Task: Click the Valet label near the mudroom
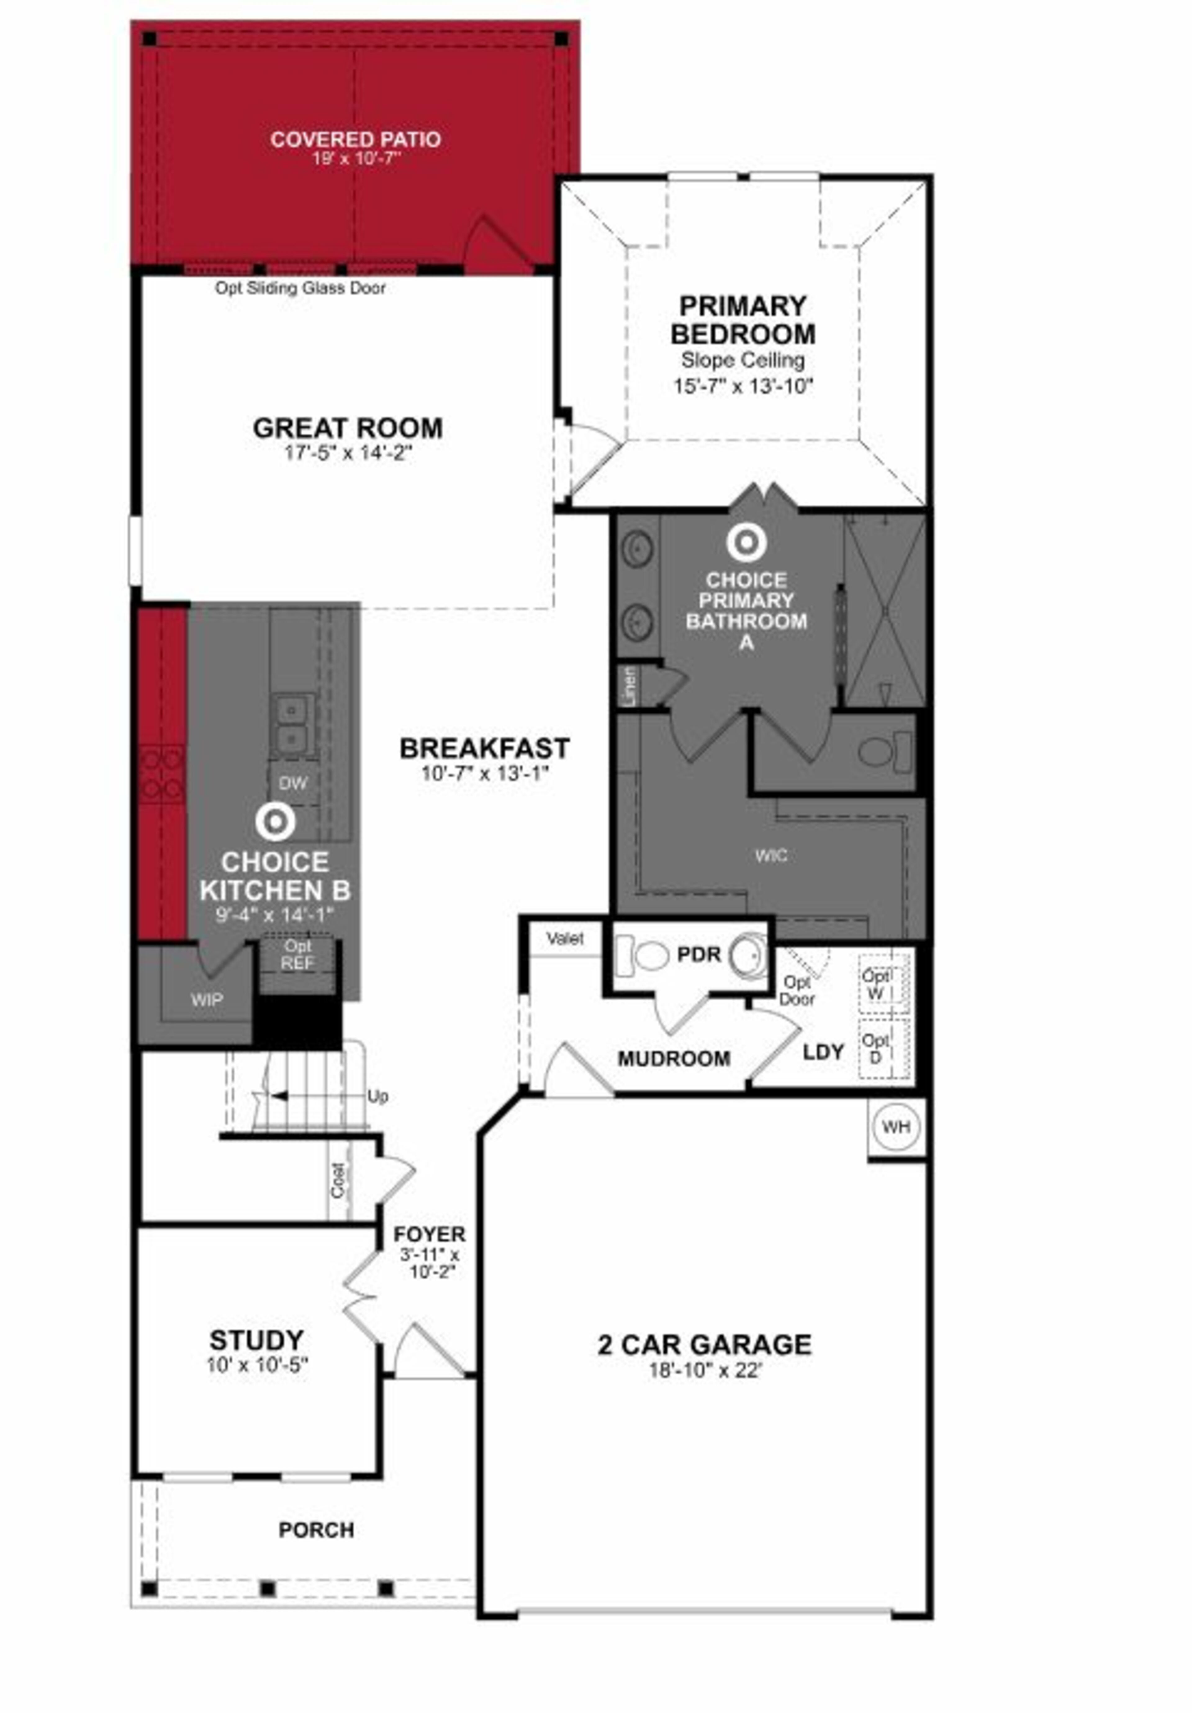pos(565,939)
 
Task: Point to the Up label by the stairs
pos(377,1097)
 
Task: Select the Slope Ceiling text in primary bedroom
pos(742,360)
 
